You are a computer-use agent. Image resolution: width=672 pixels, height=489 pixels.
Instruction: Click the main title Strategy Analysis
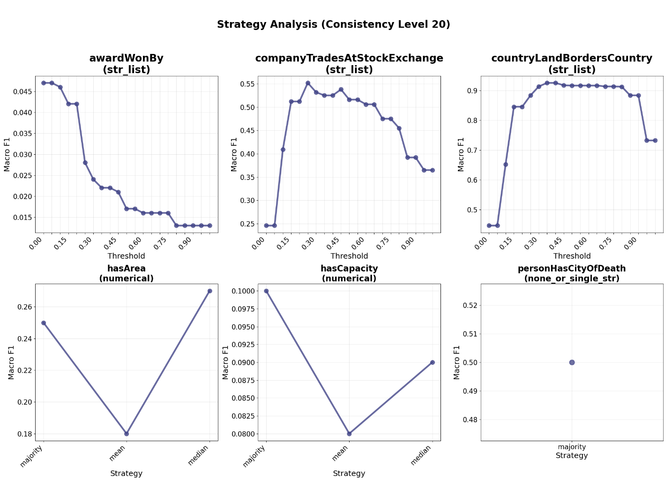coord(333,25)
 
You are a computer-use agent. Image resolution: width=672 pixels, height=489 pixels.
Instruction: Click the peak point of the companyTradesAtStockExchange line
coord(308,83)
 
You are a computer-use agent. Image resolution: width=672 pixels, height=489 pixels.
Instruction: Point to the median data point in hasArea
coord(209,291)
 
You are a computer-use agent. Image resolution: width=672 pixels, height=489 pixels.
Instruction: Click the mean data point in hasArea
coord(127,434)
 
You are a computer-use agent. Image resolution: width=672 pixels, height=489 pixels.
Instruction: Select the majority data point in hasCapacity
coord(266,291)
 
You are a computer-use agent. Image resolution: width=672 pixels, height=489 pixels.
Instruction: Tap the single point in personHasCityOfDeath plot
coord(572,362)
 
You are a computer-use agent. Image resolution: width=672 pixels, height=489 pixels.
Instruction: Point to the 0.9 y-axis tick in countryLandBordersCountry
coord(472,90)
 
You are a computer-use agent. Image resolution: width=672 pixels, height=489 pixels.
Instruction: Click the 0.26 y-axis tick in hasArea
coord(24,307)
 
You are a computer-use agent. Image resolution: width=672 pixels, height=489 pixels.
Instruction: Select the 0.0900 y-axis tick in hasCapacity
coord(244,362)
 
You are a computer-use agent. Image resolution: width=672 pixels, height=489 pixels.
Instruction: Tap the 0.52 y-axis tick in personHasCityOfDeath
coord(470,305)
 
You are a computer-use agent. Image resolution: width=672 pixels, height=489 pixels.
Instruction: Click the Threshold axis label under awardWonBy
coord(126,256)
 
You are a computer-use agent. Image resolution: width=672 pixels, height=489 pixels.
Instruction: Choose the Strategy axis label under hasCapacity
coord(349,474)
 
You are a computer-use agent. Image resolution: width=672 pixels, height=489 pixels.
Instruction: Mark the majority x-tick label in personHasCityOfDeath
coord(572,447)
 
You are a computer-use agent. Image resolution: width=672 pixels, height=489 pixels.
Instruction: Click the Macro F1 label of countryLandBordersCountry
coord(461,154)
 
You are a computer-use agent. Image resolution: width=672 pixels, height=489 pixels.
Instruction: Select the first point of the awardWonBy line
coord(44,83)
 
